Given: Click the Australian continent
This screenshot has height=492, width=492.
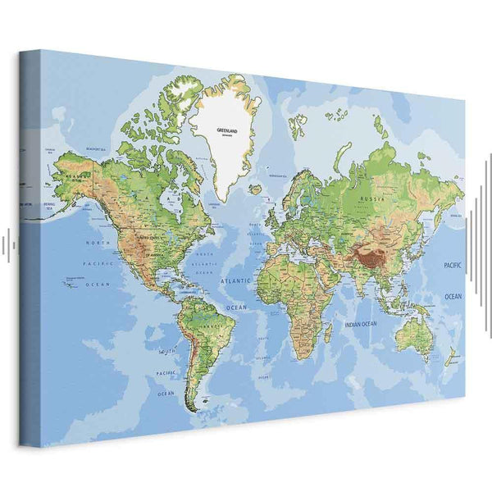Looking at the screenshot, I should [x=412, y=333].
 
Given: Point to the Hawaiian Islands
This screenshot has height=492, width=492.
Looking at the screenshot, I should [x=69, y=284].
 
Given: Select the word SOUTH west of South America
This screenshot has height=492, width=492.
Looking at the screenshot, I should [x=166, y=351].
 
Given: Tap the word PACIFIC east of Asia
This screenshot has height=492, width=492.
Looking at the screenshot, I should [x=453, y=267].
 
